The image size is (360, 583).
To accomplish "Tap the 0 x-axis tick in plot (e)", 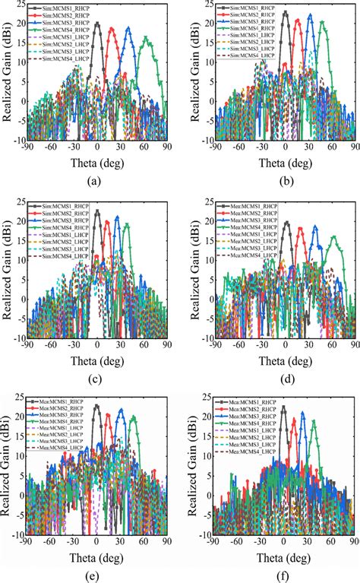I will (x=96, y=541).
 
